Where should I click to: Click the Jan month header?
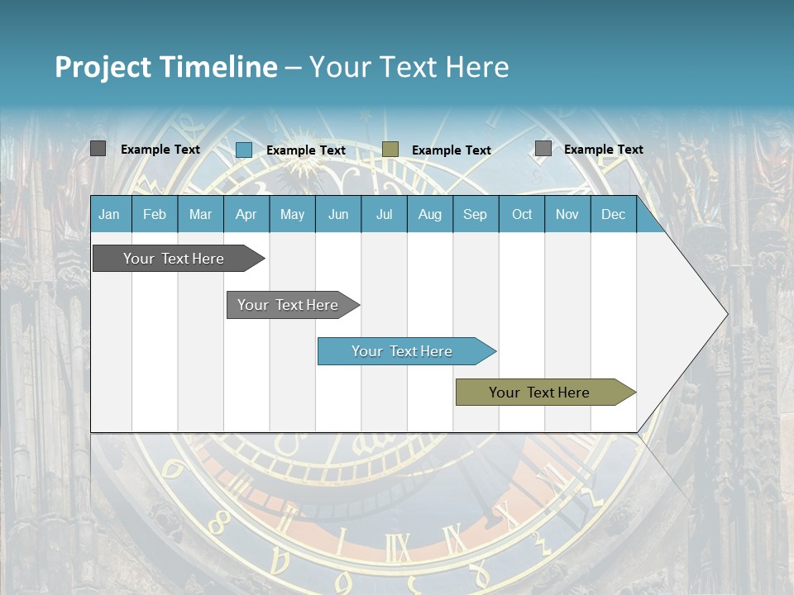(x=109, y=214)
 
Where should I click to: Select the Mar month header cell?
(x=200, y=214)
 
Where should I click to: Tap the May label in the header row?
(x=292, y=214)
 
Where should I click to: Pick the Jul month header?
(x=384, y=214)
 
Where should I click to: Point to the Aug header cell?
(x=429, y=214)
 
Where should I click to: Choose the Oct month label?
(x=522, y=214)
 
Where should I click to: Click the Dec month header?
(x=613, y=214)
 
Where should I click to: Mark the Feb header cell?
(x=155, y=214)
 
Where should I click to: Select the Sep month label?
(x=475, y=214)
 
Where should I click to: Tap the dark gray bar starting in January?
(x=175, y=259)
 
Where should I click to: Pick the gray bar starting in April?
(x=289, y=305)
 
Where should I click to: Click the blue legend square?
(x=244, y=150)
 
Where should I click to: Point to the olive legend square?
(x=390, y=150)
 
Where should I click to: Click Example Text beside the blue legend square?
(x=305, y=150)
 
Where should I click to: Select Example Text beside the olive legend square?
(x=451, y=150)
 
